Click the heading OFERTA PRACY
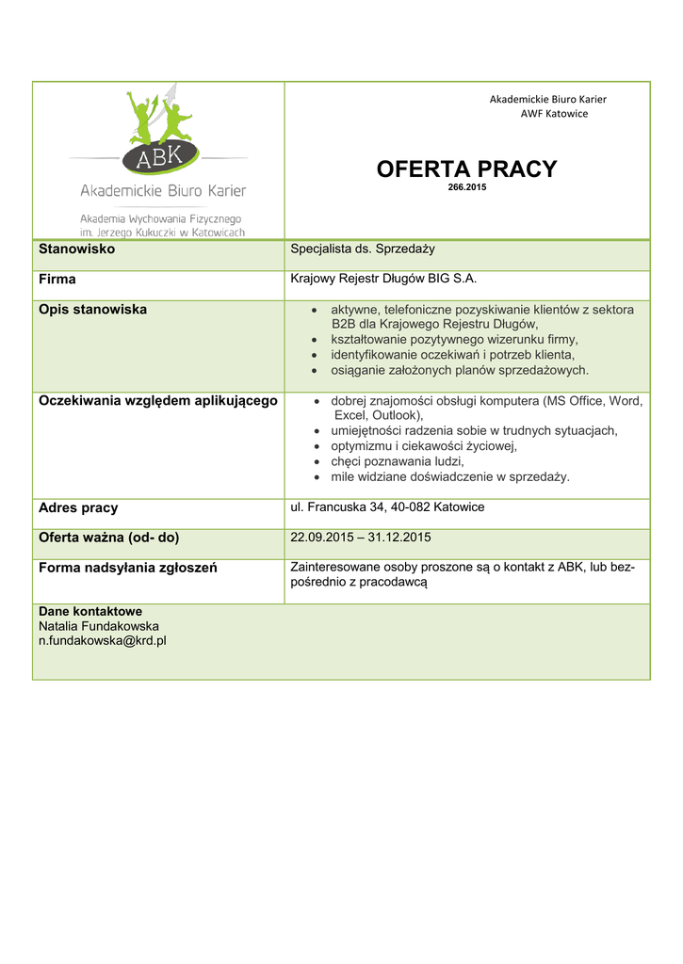[466, 169]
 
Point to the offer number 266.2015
[466, 187]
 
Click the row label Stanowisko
[76, 249]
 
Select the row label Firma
[57, 280]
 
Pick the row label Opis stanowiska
[92, 310]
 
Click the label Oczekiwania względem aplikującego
[157, 401]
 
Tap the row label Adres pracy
[78, 508]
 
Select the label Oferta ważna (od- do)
[108, 538]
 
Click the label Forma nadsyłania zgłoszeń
[127, 568]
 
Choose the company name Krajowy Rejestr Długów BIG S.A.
[377, 279]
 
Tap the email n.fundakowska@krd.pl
[102, 641]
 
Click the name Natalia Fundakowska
[98, 626]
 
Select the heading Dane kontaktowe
[89, 611]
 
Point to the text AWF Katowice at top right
[554, 114]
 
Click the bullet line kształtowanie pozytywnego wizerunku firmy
[454, 339]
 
